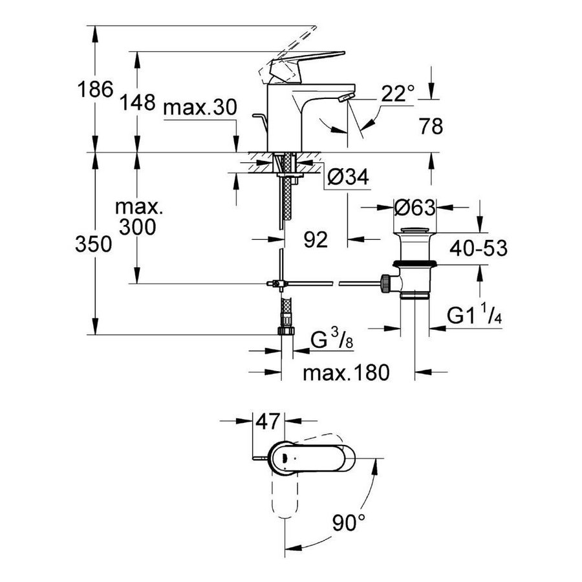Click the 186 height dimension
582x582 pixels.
coord(95,89)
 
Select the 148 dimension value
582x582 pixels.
coord(137,102)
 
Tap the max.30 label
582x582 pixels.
coord(200,107)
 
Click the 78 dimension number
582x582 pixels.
coord(431,126)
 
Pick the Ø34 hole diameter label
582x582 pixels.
coord(348,177)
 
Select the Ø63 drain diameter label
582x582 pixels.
coord(415,208)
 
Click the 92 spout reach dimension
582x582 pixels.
coord(316,239)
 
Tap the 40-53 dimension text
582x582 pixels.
coord(479,248)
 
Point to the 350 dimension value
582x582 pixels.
coord(94,244)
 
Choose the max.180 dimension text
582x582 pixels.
coord(347,372)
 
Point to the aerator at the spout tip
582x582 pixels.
coord(345,98)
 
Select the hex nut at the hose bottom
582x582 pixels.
coord(286,330)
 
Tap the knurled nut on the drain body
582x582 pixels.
coord(385,283)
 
